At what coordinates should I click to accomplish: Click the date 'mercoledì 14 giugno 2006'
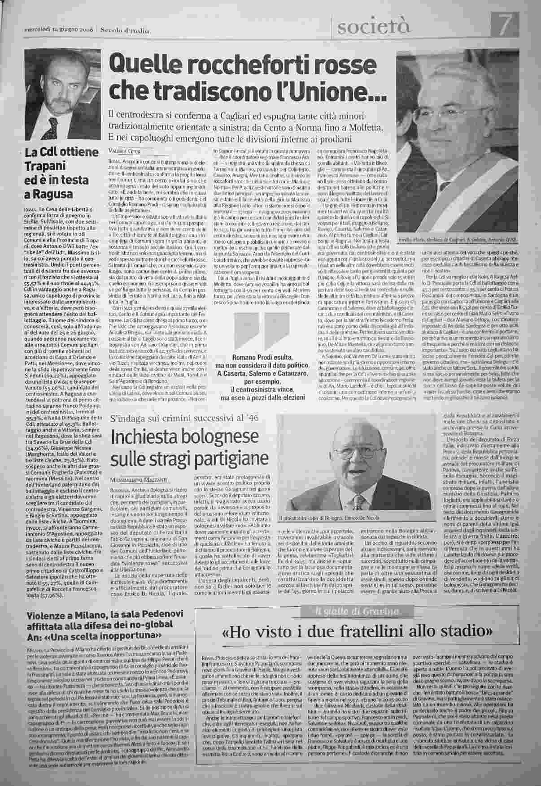[58, 30]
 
